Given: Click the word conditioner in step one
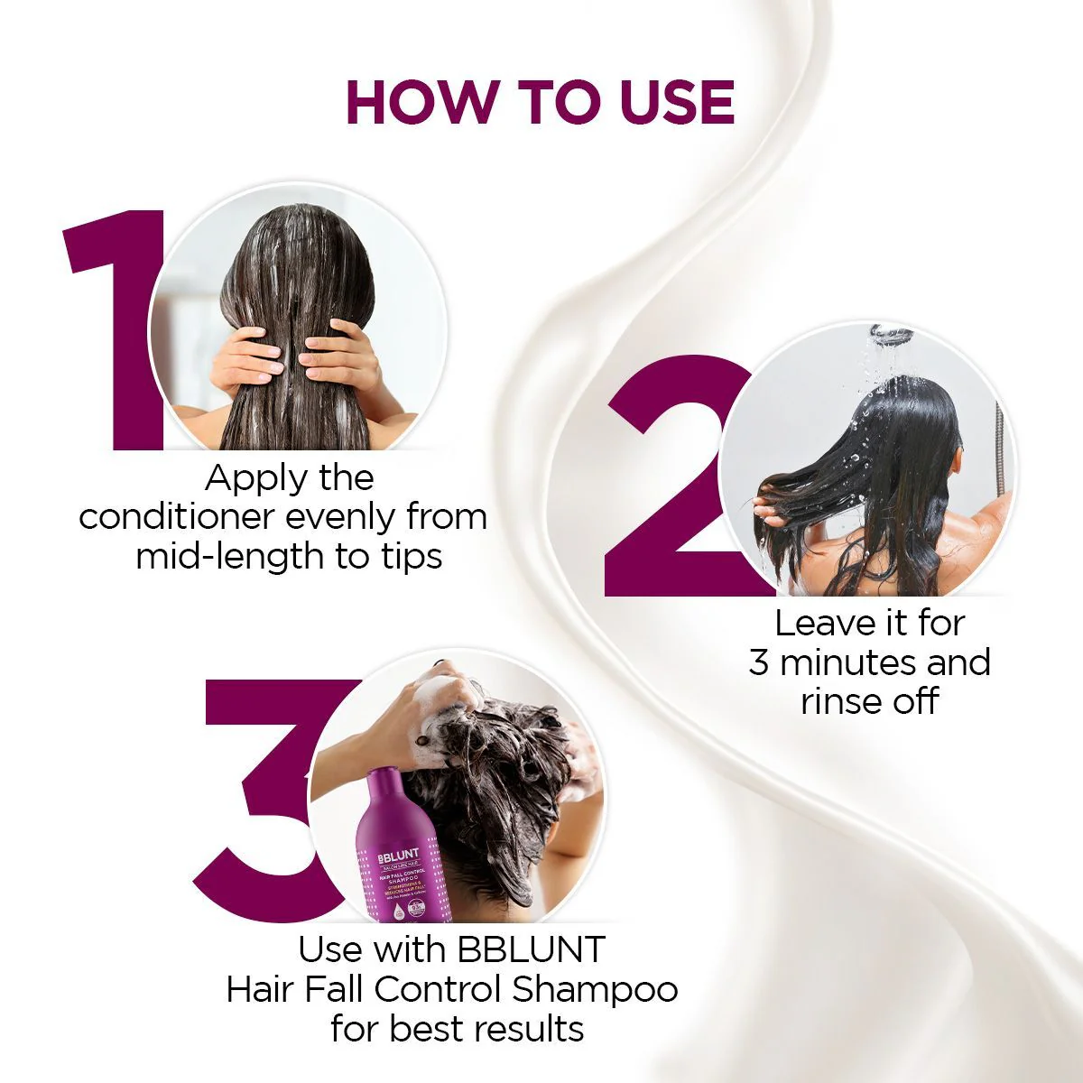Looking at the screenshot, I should coord(176,517).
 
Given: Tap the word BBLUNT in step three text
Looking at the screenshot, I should coord(532,949).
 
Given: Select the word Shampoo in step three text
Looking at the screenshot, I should coord(595,989).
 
